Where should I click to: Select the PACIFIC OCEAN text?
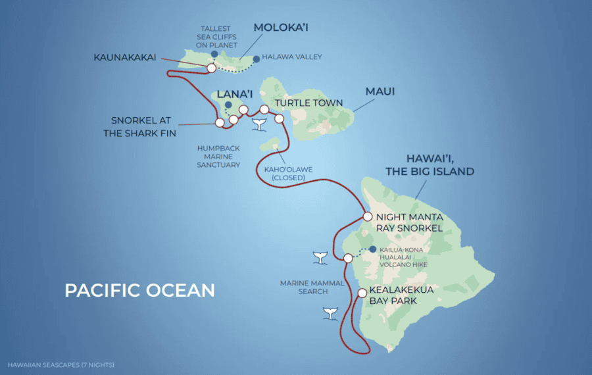click(x=139, y=290)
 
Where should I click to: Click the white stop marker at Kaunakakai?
click(x=212, y=68)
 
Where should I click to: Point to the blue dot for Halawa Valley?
click(x=256, y=58)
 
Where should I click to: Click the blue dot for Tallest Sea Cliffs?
click(x=214, y=55)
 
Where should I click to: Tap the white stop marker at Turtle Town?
click(x=279, y=118)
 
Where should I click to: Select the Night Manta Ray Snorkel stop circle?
click(x=368, y=216)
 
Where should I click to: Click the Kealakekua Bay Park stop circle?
click(x=362, y=293)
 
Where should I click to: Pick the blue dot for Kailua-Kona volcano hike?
click(x=372, y=249)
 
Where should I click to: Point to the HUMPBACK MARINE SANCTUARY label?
click(x=219, y=157)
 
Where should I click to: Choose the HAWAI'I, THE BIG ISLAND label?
click(x=440, y=165)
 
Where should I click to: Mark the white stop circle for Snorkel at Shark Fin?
click(x=220, y=122)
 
